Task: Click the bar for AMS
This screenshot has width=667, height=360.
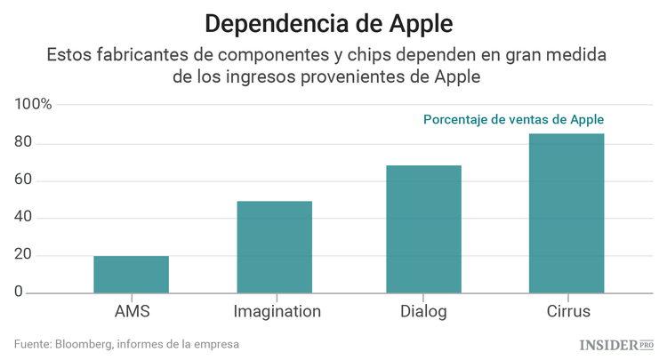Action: click(131, 275)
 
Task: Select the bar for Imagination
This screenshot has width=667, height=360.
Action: click(274, 247)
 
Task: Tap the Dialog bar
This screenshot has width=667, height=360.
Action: click(423, 229)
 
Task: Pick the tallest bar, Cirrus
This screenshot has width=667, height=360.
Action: click(567, 213)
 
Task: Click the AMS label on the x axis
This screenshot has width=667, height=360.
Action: click(132, 312)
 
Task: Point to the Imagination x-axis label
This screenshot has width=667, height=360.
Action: click(277, 312)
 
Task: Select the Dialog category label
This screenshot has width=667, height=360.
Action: click(423, 312)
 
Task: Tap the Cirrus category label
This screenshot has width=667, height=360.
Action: click(567, 312)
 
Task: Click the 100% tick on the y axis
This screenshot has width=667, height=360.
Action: click(34, 105)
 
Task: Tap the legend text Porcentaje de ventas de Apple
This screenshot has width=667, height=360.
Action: click(513, 119)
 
